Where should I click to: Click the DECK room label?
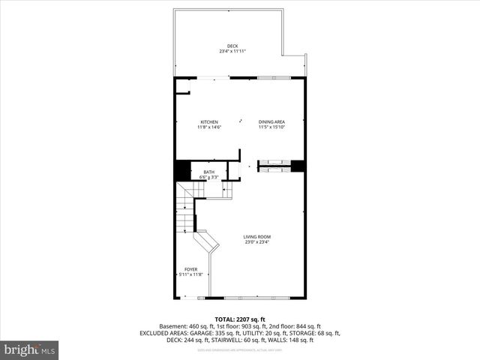(x=232, y=46)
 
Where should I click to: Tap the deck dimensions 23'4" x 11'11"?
(x=232, y=51)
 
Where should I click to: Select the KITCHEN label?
(x=209, y=121)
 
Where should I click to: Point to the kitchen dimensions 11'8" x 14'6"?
(x=209, y=127)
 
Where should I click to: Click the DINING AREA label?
(x=271, y=121)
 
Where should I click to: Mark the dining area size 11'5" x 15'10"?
(x=271, y=127)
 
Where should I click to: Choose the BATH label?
(x=208, y=172)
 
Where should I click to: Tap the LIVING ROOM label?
(x=256, y=237)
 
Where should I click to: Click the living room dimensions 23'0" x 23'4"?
(x=256, y=242)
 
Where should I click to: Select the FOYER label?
(x=191, y=269)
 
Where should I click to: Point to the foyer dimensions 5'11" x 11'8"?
(x=191, y=274)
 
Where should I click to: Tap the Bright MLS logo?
(x=30, y=349)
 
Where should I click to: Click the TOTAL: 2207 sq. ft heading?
(x=240, y=319)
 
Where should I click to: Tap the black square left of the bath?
(x=182, y=170)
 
